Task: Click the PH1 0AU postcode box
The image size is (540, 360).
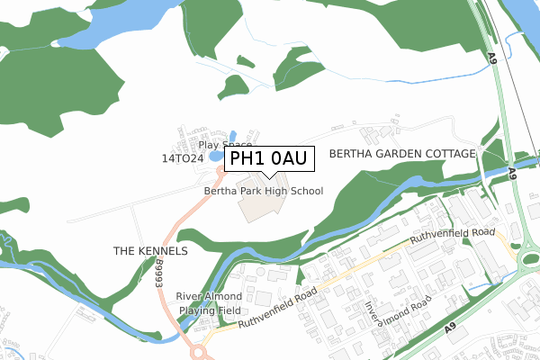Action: pos(269,159)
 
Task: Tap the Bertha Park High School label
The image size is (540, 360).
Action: pos(263,191)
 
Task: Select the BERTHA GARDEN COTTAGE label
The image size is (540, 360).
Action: pos(401,154)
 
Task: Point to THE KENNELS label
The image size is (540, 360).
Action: pos(150,250)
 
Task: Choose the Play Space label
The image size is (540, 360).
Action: pos(225,144)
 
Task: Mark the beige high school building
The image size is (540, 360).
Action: pos(261,205)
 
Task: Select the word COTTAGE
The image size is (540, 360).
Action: pos(446,154)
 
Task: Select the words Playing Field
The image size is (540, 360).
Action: pos(209,310)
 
